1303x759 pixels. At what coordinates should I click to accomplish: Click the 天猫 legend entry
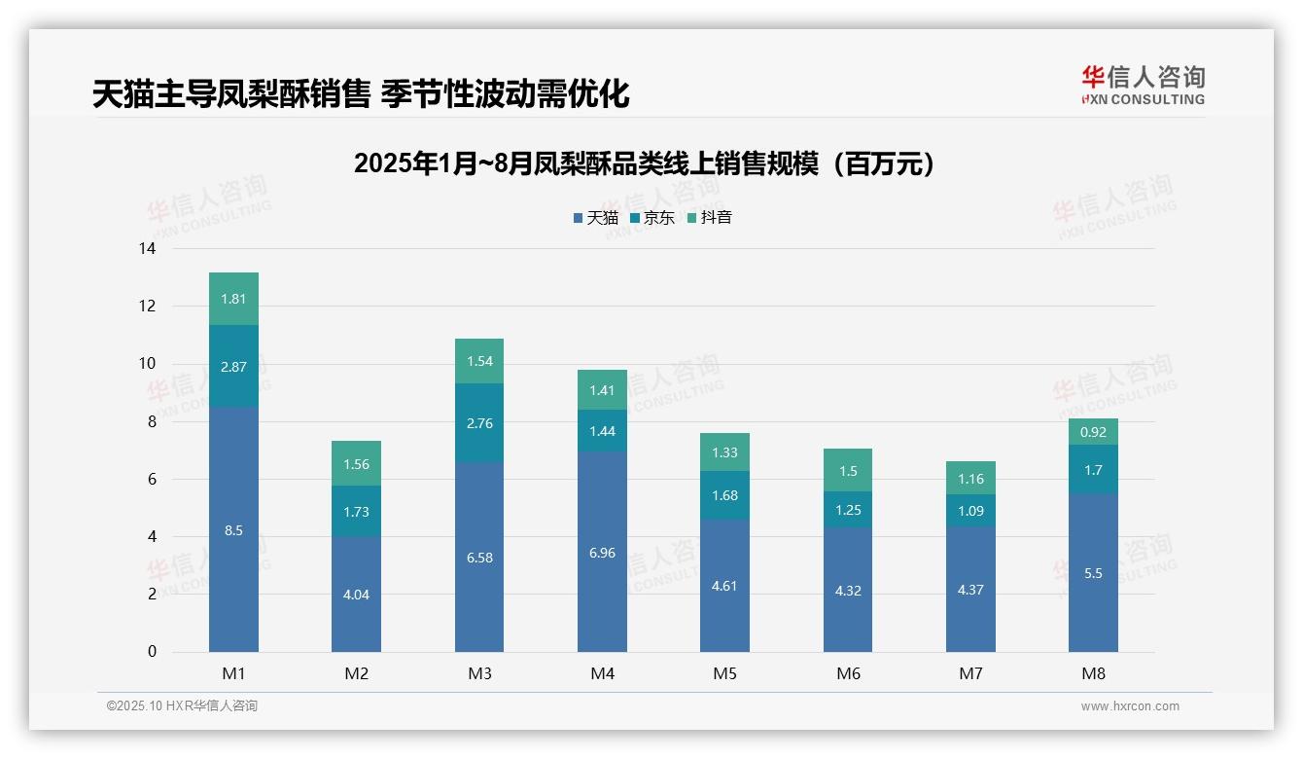595,218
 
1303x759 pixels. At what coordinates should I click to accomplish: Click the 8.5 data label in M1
233,530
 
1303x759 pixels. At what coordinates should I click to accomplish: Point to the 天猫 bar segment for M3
479,558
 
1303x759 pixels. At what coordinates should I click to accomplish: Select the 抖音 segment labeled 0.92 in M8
1093,432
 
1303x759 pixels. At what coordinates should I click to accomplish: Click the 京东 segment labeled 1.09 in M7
970,510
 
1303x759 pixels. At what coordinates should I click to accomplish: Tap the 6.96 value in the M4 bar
602,553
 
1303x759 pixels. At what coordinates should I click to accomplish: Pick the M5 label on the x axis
724,673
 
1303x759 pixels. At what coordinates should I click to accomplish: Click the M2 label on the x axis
356,673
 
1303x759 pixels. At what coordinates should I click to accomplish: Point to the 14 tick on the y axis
147,249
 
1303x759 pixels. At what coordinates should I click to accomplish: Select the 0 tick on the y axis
152,652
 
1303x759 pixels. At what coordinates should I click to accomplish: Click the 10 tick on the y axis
147,364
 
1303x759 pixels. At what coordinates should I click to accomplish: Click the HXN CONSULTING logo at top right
1143,86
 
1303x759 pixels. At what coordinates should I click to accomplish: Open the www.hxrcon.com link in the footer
1130,706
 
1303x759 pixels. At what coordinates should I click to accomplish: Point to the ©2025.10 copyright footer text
182,706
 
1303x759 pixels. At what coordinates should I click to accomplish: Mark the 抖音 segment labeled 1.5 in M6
848,470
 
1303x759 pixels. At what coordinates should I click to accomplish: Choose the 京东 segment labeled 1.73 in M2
356,511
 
